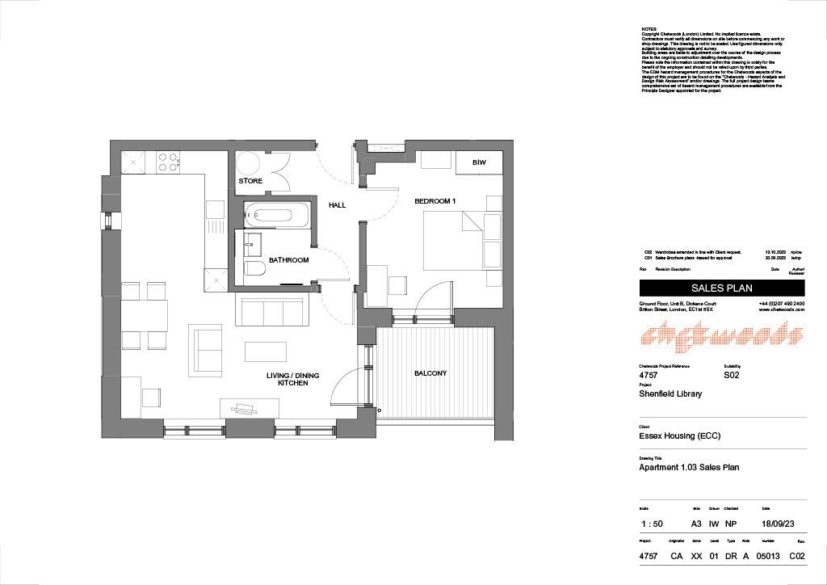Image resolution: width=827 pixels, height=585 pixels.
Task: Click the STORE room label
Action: point(250,181)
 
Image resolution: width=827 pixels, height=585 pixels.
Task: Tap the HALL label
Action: point(337,205)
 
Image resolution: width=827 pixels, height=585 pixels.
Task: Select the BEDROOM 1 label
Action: point(435,200)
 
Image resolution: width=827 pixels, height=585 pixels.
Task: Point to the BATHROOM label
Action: point(289,260)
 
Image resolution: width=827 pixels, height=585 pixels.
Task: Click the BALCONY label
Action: point(430,373)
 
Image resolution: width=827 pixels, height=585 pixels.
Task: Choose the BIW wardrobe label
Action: point(480,163)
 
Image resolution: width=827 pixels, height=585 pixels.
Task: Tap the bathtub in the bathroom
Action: point(275,215)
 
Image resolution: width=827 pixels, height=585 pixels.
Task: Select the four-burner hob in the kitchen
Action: point(168,162)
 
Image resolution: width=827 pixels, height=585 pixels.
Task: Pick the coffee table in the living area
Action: point(266,351)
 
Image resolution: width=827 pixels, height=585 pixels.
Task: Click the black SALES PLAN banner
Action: point(722,288)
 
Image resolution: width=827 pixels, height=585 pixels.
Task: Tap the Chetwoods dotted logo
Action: point(722,334)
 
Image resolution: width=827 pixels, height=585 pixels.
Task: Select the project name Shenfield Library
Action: point(670,394)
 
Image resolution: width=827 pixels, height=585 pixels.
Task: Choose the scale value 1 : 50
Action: point(651,524)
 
